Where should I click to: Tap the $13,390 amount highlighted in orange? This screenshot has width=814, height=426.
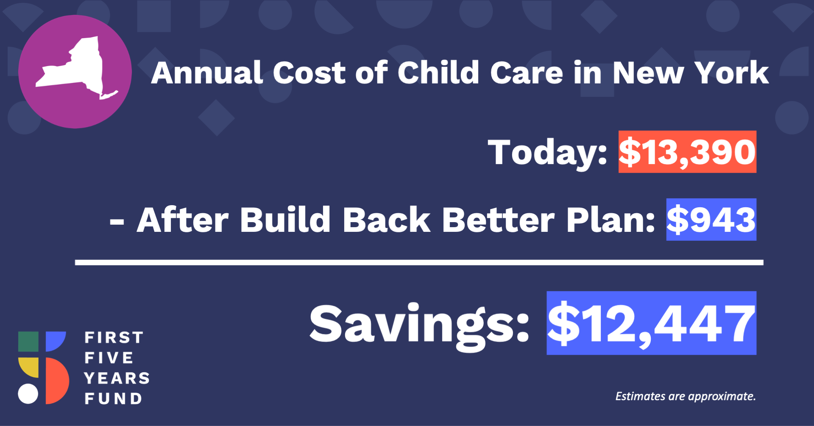tap(687, 152)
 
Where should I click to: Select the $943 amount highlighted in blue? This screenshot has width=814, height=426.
tap(711, 220)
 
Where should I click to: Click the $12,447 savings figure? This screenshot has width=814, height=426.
tap(652, 323)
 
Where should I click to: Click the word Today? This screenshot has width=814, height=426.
tap(548, 154)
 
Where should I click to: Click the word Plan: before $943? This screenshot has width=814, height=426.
tap(611, 220)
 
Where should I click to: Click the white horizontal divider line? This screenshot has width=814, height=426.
tap(419, 263)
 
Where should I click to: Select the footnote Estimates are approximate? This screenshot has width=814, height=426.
tap(686, 396)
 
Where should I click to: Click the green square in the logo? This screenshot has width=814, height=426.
tap(28, 342)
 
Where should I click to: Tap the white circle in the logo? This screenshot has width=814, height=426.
tap(28, 394)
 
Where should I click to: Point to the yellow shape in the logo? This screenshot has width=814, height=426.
tap(28, 368)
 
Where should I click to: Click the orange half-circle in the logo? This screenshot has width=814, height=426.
tap(57, 381)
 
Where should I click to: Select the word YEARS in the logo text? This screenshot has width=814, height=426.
tap(117, 378)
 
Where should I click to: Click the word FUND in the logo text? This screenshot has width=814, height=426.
tap(113, 398)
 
